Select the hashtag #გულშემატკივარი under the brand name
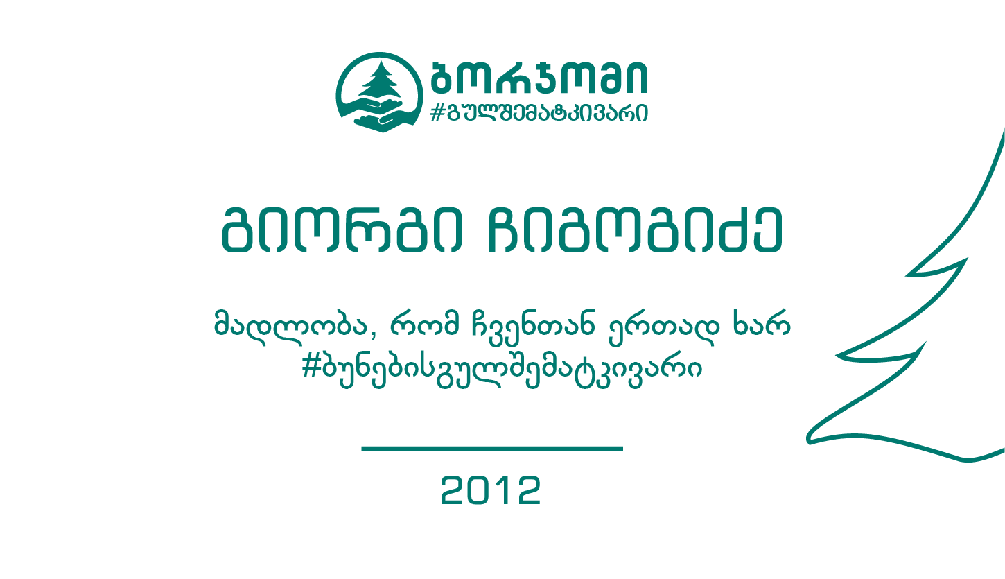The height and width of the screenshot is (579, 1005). (x=539, y=112)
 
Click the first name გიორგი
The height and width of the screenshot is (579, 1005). (x=342, y=230)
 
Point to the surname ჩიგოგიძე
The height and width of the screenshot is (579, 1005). (x=636, y=230)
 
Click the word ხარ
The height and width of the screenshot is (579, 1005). (x=762, y=322)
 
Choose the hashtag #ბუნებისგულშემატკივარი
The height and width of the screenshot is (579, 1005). (x=502, y=371)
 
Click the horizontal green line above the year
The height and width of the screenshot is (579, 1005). (x=492, y=449)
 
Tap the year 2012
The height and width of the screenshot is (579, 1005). (x=491, y=490)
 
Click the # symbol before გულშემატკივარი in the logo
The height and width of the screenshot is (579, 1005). (x=437, y=112)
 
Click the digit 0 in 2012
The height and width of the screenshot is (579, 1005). (x=479, y=490)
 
